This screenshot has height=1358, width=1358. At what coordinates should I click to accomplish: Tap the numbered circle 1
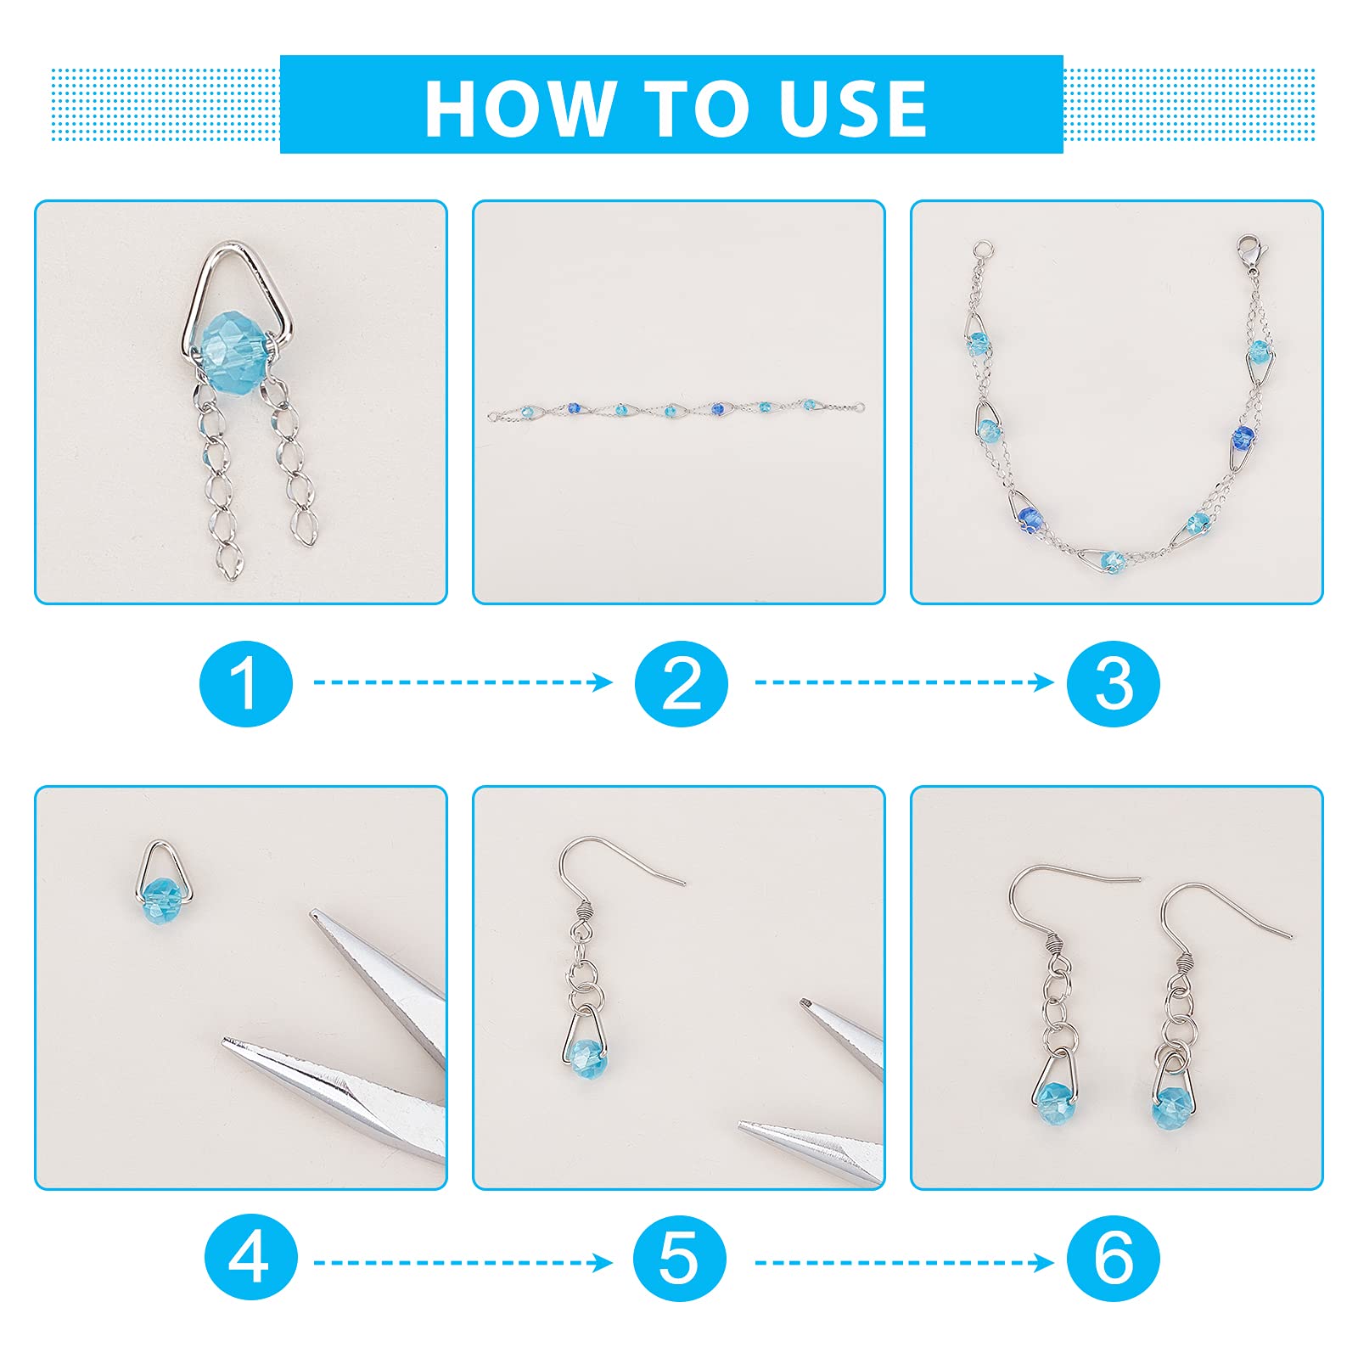tap(246, 683)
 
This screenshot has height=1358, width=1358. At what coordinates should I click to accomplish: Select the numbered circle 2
tap(681, 683)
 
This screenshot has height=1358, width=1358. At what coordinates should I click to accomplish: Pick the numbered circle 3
tap(1114, 683)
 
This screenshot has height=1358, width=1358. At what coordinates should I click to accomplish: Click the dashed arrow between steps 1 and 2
tap(463, 682)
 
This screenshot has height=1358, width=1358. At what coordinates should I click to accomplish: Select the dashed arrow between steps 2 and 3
tap(904, 682)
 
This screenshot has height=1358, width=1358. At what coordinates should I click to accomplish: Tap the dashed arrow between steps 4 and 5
tap(463, 1263)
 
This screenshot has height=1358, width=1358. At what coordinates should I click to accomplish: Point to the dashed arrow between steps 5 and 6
tap(904, 1263)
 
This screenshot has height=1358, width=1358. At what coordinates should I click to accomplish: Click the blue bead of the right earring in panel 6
tap(1172, 1108)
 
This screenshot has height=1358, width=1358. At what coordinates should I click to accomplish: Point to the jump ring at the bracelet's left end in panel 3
tap(983, 250)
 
